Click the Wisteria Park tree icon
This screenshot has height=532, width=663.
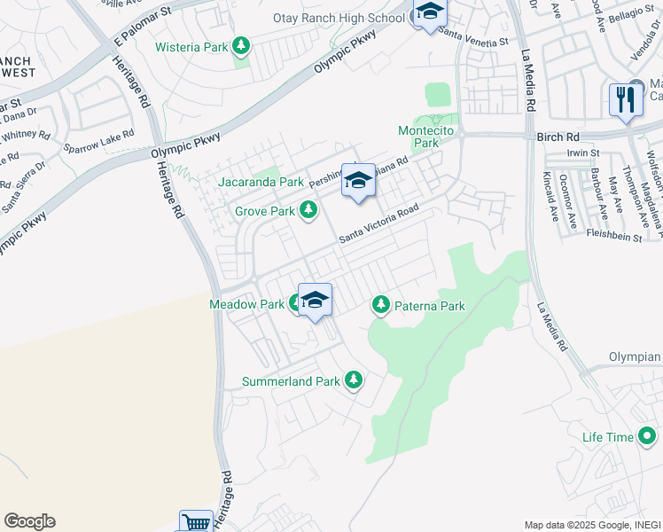(241, 46)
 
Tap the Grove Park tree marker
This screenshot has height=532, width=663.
(308, 211)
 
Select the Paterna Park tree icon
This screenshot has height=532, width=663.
(381, 306)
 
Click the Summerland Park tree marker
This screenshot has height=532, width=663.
(354, 381)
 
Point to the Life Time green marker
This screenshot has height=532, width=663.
(646, 436)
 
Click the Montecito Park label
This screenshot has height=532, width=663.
(418, 137)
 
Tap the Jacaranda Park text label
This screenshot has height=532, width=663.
(261, 182)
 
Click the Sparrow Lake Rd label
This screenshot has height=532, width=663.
(98, 142)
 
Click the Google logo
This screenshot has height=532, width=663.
(29, 521)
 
